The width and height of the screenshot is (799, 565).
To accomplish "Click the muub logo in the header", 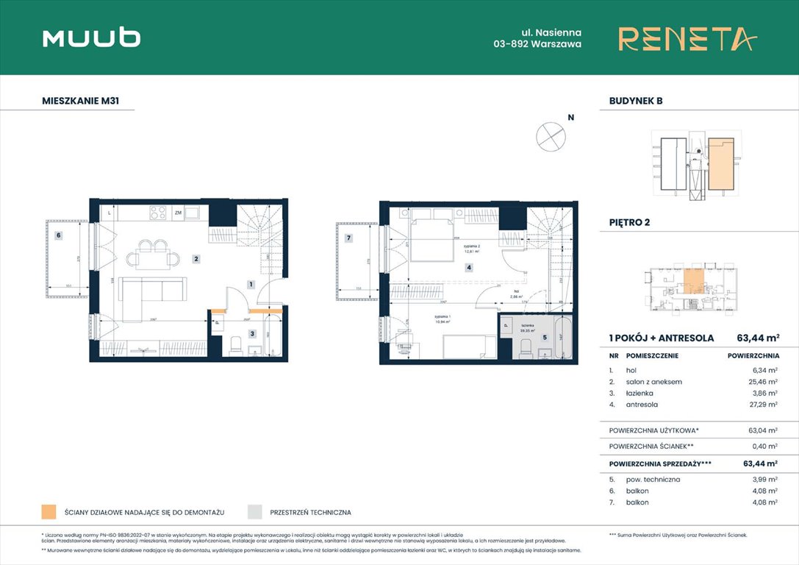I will (91, 38).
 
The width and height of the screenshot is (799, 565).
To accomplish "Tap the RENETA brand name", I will (687, 38).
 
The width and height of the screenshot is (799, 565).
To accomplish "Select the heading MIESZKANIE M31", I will (81, 101).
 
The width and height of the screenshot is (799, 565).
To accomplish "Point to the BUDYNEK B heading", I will (636, 101).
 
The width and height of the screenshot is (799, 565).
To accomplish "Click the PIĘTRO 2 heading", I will (630, 222).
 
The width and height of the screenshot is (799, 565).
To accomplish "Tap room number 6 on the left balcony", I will (58, 235).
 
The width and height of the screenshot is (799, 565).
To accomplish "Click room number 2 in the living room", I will (196, 258).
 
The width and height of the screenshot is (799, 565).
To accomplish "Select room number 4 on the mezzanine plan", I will (467, 268).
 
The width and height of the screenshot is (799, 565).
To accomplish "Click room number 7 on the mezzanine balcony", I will (349, 238).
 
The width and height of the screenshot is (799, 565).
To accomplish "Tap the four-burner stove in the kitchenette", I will (158, 213).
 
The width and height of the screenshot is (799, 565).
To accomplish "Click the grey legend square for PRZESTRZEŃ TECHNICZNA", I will (255, 512).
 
